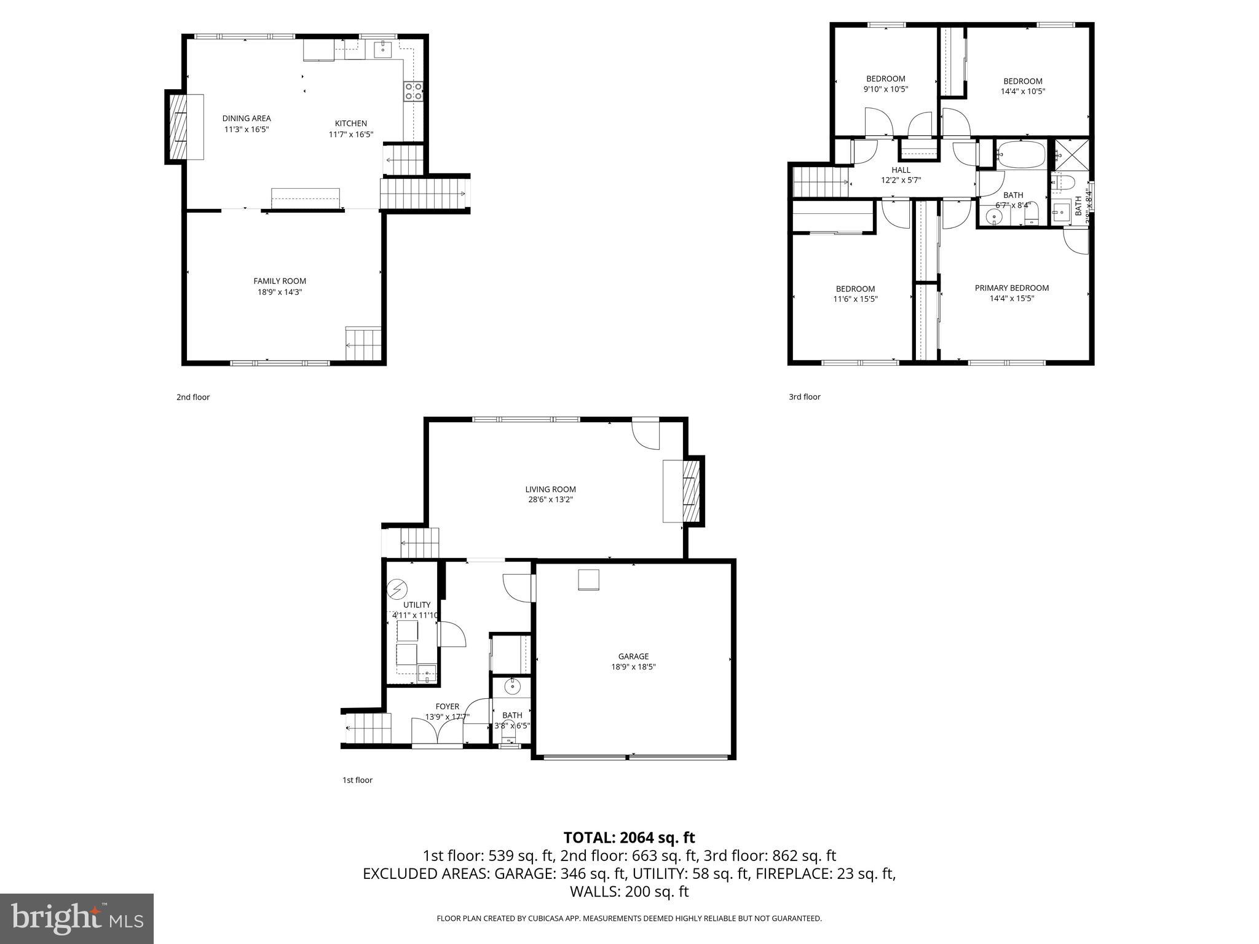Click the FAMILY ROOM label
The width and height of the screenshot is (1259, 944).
point(280,281)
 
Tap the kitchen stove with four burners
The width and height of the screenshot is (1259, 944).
point(413,92)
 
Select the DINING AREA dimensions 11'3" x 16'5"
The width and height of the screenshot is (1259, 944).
point(246,129)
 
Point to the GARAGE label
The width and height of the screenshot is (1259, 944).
point(633,656)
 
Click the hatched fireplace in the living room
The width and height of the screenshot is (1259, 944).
point(690,492)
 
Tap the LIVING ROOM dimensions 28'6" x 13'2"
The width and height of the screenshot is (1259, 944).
point(550,500)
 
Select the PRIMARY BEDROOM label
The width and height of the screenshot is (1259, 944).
point(1011,288)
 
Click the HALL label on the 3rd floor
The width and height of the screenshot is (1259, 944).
point(901,170)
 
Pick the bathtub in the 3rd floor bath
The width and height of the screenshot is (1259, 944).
point(1020,154)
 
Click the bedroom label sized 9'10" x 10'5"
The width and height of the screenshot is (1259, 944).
point(886,79)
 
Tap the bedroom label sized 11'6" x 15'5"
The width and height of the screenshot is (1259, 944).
point(855,289)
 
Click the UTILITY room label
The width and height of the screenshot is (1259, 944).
point(417,605)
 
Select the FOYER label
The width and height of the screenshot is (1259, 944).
point(448,707)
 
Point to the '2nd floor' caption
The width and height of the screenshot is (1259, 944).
point(193,397)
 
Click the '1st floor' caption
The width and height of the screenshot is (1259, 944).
point(357,780)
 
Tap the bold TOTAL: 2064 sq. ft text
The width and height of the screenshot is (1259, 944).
point(629,837)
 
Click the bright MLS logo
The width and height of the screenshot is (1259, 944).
point(77,919)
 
